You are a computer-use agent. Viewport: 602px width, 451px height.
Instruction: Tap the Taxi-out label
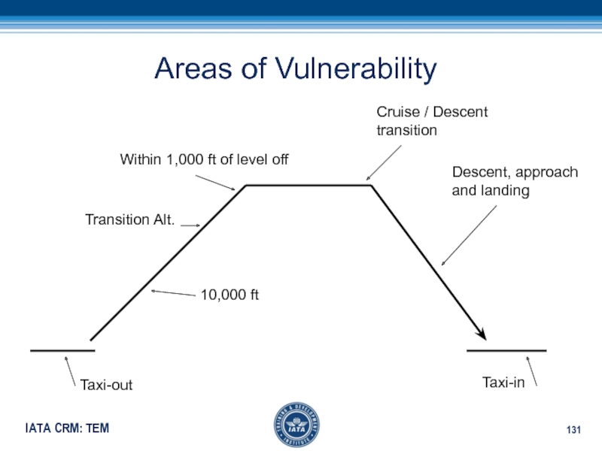pyautogui.click(x=106, y=385)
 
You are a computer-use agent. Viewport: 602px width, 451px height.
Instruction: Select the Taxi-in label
pyautogui.click(x=503, y=383)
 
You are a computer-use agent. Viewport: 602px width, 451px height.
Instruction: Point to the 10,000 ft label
pyautogui.click(x=230, y=295)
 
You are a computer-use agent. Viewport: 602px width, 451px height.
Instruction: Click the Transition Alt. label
pyautogui.click(x=129, y=219)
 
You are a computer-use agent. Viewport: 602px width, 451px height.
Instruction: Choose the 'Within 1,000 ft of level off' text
pyautogui.click(x=205, y=159)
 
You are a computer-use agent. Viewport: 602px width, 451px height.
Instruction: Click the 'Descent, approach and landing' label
pyautogui.click(x=515, y=181)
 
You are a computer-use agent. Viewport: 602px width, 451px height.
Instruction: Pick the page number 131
pyautogui.click(x=574, y=429)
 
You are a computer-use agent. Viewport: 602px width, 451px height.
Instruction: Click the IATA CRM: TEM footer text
pyautogui.click(x=67, y=428)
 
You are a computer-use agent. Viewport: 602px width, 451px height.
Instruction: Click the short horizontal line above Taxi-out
pyautogui.click(x=62, y=350)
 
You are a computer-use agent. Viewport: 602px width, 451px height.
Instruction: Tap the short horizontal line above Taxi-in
pyautogui.click(x=506, y=350)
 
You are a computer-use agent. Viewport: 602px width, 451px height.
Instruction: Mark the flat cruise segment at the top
pyautogui.click(x=309, y=185)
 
